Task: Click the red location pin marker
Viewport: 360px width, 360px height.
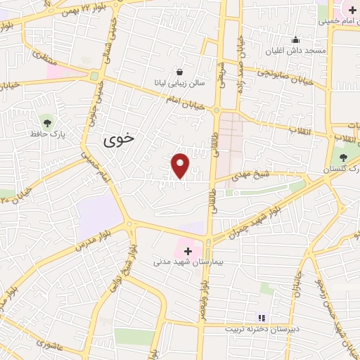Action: pyautogui.click(x=181, y=165)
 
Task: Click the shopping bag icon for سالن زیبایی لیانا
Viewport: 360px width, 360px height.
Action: pyautogui.click(x=180, y=71)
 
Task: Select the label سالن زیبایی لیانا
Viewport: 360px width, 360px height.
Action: pyautogui.click(x=180, y=82)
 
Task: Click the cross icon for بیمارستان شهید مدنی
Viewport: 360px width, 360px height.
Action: pyautogui.click(x=188, y=250)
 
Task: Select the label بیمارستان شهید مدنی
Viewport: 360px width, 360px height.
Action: pyautogui.click(x=188, y=262)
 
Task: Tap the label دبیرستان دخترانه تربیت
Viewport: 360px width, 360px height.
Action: pyautogui.click(x=263, y=329)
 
